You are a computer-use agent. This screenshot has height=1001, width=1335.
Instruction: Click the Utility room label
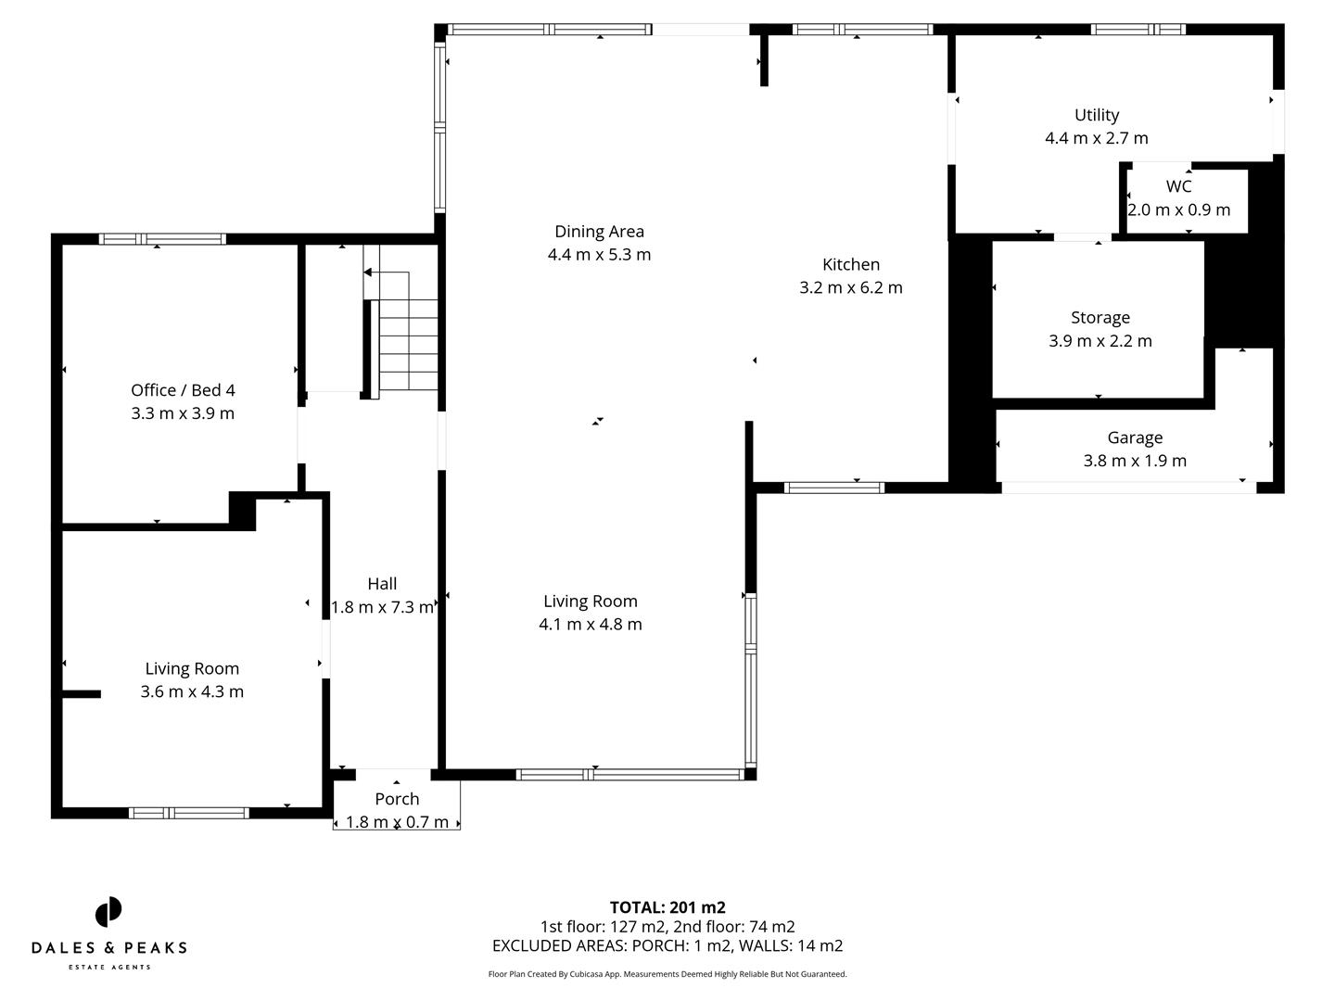coord(1096,115)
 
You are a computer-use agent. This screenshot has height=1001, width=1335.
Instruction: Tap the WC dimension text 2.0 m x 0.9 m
coord(1178,209)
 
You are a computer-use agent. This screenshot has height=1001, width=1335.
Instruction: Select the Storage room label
coord(1100,317)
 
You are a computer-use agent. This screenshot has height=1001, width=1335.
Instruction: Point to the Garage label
coord(1134,437)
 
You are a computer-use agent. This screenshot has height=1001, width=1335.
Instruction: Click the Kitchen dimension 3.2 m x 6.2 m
coord(850,287)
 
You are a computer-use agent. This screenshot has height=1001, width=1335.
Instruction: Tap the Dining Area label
coord(599,232)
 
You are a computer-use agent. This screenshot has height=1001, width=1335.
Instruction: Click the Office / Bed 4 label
coord(183,390)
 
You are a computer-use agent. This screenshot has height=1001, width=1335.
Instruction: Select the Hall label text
coord(382,583)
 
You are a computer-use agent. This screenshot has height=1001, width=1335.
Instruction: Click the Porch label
coord(397,799)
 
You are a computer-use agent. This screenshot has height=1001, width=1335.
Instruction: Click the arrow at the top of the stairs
coord(368,272)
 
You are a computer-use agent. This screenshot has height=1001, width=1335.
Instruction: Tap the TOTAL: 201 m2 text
coord(667,907)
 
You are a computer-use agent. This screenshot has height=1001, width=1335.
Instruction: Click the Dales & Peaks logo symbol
coord(108,911)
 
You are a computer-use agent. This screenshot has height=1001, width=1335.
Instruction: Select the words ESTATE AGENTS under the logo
coord(109,968)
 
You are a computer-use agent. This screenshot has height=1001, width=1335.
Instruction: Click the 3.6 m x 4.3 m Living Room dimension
coord(192,691)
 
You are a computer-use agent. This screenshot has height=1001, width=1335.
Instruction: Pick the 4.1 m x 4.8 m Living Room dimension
coord(590,624)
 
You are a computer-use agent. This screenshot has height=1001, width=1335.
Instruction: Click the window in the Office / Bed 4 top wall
coord(162,239)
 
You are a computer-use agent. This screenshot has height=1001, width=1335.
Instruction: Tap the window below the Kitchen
coord(834,488)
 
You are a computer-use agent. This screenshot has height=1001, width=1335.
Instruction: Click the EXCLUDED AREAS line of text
coord(667,945)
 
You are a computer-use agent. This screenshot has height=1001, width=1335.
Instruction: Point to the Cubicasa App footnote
coord(667,974)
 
